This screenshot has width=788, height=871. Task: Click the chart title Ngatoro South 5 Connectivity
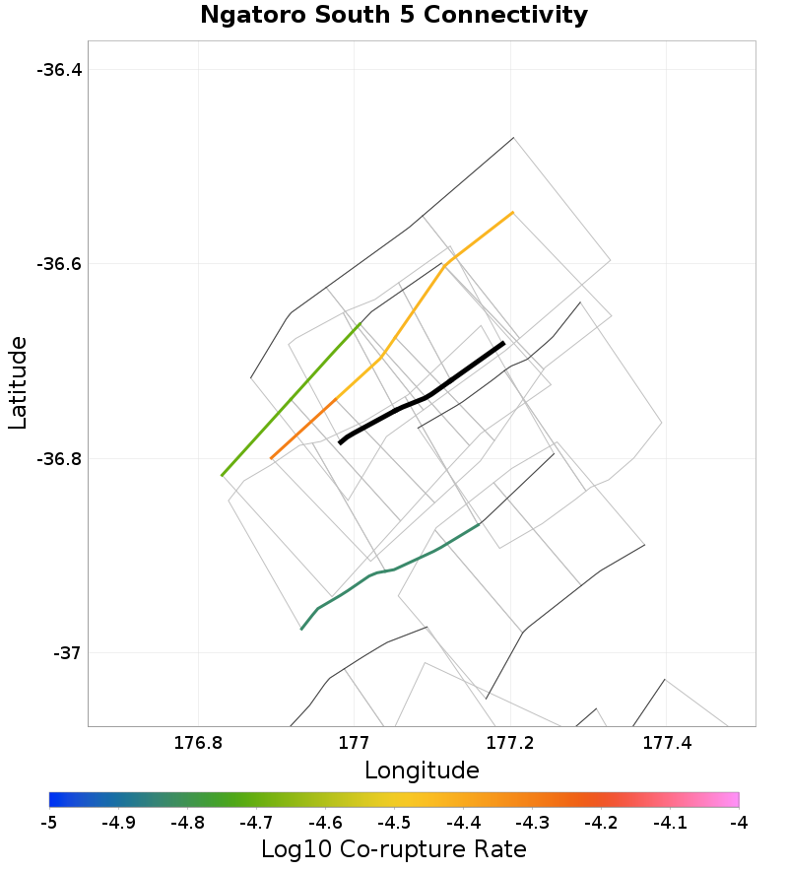pos(394,16)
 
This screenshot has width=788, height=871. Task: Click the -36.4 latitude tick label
pos(59,70)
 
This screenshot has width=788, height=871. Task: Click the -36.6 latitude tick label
pos(59,264)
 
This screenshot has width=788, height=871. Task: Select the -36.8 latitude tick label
pos(59,459)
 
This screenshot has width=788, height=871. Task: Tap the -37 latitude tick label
pos(66,653)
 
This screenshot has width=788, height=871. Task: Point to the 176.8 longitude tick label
pos(199,741)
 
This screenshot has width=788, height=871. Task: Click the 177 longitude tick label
pos(354,741)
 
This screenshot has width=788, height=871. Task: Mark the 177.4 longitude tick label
pos(666,741)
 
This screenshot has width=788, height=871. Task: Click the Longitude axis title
pos(422,770)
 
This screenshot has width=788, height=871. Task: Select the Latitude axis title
pos(18,382)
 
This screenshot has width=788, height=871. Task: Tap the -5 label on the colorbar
pos(49,822)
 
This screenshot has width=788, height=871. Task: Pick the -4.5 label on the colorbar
pos(394,822)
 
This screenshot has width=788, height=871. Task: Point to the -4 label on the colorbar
pos(739,822)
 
